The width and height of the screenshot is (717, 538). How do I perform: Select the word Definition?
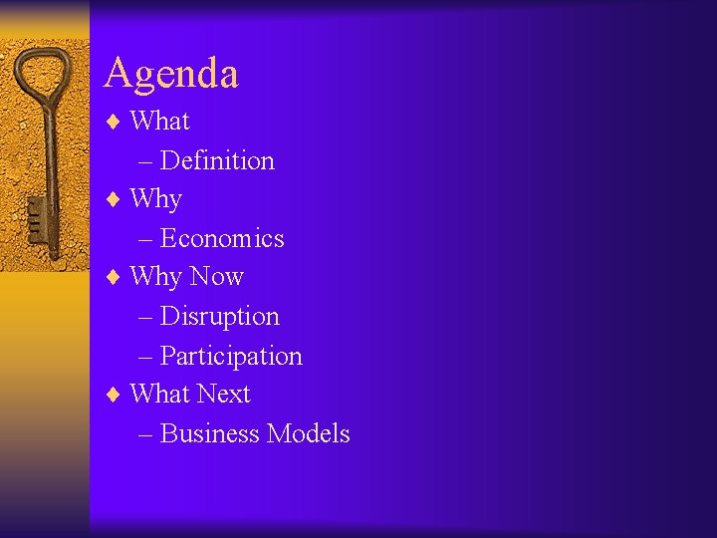[x=217, y=160]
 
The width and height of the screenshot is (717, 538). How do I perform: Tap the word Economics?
[x=222, y=238]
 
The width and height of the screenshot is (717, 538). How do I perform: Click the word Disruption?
[x=219, y=316]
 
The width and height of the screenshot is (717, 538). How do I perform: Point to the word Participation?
[x=231, y=356]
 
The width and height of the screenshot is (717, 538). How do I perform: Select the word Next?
[x=223, y=394]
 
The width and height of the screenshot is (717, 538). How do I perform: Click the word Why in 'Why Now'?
[x=155, y=276]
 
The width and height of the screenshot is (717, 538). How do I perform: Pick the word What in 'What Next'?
[x=159, y=394]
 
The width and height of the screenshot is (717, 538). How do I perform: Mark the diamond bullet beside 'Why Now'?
[x=114, y=277]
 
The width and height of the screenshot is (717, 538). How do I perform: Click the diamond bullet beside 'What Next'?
[x=114, y=395]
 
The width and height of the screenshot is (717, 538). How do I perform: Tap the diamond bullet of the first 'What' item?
[x=114, y=122]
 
